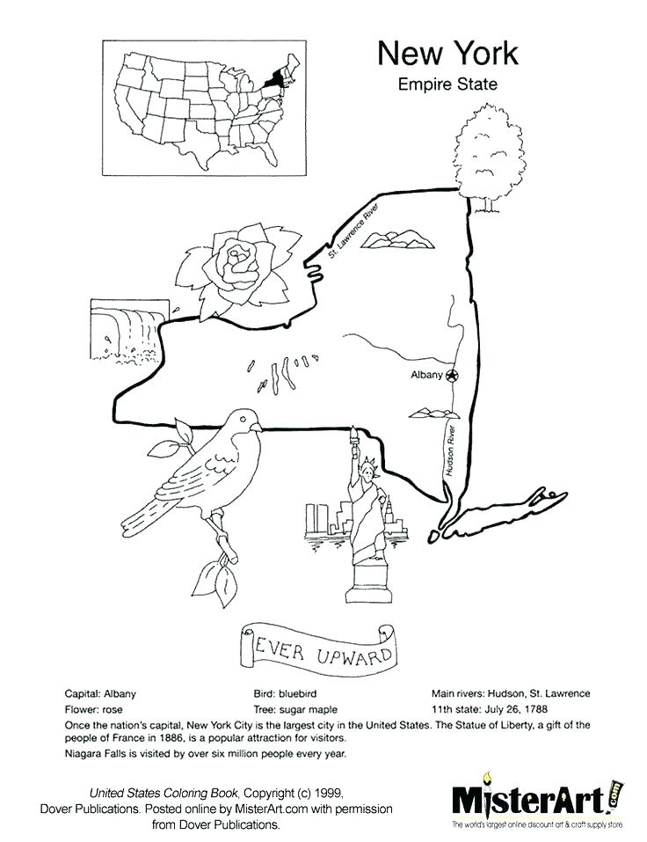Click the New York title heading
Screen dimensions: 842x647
point(447,54)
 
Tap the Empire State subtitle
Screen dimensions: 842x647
point(447,85)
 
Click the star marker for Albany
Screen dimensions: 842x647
point(452,376)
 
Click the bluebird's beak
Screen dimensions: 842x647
point(257,427)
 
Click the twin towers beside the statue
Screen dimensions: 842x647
point(316,519)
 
